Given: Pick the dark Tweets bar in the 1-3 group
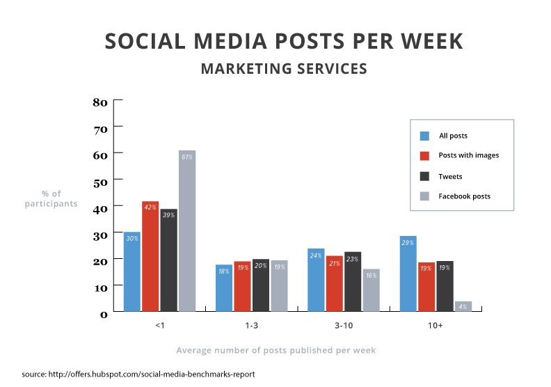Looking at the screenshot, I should (261, 285).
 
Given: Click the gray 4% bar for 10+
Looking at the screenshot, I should (463, 306).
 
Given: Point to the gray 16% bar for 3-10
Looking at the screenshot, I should (371, 290).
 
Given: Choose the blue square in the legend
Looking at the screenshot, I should (424, 136).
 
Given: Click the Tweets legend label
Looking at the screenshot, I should (450, 177).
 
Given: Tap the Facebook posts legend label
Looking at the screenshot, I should (464, 196).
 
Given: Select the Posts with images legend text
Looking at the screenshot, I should (468, 155).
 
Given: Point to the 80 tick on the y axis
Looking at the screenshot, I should (99, 102).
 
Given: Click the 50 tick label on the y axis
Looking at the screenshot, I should (99, 180).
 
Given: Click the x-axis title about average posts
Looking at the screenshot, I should (275, 350).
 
